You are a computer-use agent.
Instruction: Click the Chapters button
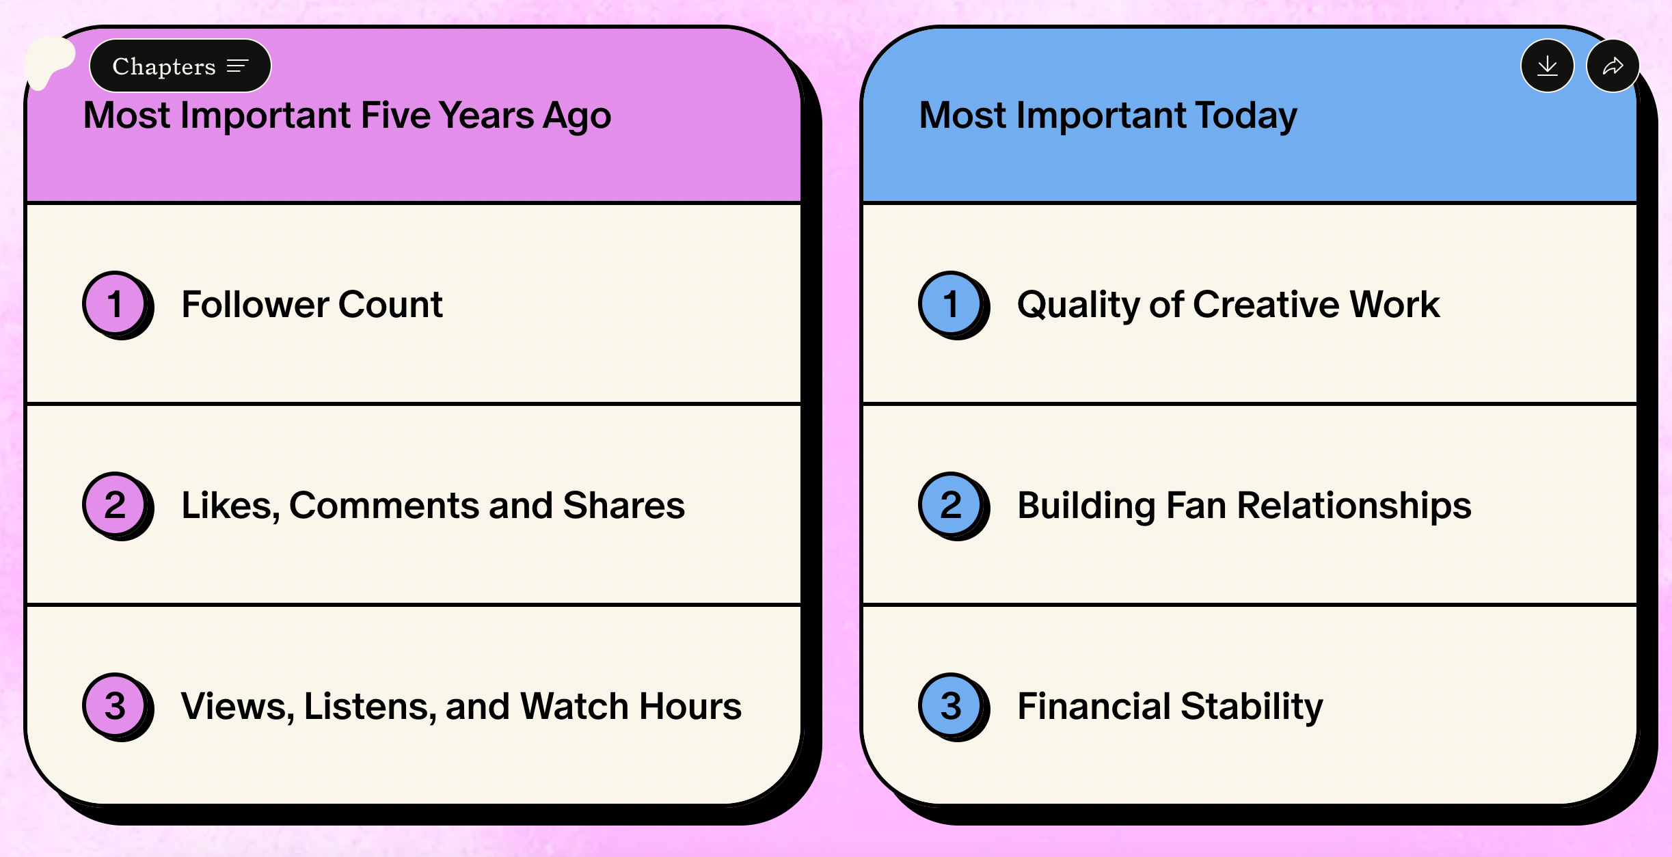point(180,66)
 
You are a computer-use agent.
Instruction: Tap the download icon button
point(1548,66)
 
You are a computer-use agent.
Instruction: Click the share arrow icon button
point(1613,66)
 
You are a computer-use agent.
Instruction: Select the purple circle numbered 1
point(115,303)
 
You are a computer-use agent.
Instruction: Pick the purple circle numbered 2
point(115,504)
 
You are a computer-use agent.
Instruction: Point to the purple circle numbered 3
point(115,705)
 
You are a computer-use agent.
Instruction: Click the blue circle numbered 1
point(951,303)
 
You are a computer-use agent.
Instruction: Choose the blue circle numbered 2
point(951,504)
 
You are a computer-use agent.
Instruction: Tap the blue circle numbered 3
point(951,705)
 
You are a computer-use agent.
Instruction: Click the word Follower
point(255,304)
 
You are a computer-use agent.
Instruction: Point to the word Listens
point(370,707)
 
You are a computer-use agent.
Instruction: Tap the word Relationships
point(1354,506)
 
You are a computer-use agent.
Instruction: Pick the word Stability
point(1252,707)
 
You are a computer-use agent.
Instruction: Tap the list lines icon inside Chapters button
point(238,66)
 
